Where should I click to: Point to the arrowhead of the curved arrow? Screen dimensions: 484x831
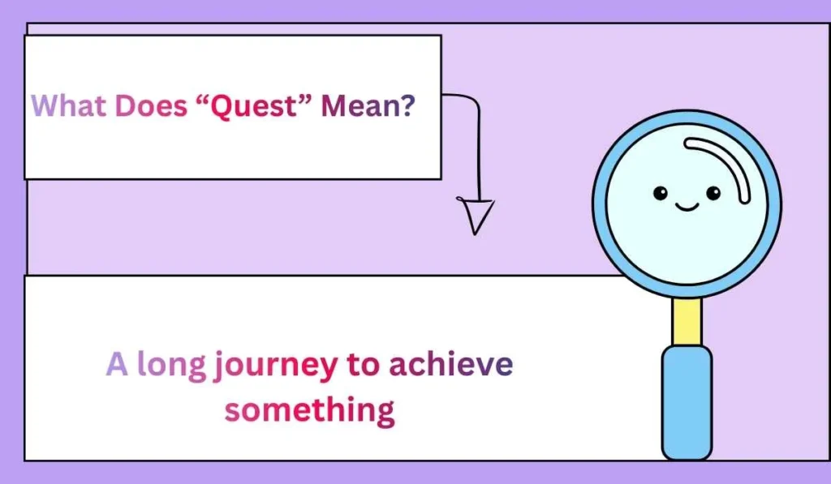(476, 215)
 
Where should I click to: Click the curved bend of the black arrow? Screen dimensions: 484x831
(472, 104)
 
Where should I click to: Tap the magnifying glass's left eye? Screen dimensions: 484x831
(661, 193)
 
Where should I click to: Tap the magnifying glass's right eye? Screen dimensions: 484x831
(713, 193)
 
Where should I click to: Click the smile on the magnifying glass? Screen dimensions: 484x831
(687, 208)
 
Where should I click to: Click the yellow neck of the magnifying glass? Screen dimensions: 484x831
(687, 321)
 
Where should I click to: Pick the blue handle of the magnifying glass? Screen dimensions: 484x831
(687, 401)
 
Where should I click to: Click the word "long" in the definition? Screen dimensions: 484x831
(171, 366)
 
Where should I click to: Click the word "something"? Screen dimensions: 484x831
(309, 409)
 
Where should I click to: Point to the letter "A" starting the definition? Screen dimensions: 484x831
(118, 365)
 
